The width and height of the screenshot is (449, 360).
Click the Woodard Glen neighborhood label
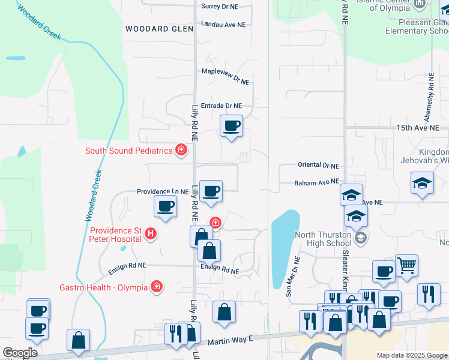159,29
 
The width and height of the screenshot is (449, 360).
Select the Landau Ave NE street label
223,25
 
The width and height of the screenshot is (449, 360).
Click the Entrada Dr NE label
221,105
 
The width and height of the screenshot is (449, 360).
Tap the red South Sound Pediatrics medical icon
181,150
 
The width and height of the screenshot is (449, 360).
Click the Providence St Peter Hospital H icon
151,234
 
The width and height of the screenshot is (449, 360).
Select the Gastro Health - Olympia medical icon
157,287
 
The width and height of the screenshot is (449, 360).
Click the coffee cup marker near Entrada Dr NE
231,127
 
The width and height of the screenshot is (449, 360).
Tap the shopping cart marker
407,265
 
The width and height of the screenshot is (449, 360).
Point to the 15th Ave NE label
418,128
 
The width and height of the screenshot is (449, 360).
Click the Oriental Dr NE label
318,165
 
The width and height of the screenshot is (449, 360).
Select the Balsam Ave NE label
317,181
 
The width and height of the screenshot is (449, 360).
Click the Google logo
20,353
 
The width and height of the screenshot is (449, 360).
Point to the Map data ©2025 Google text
411,355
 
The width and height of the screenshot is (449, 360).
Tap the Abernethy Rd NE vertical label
431,95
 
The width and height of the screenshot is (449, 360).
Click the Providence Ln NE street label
163,191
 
